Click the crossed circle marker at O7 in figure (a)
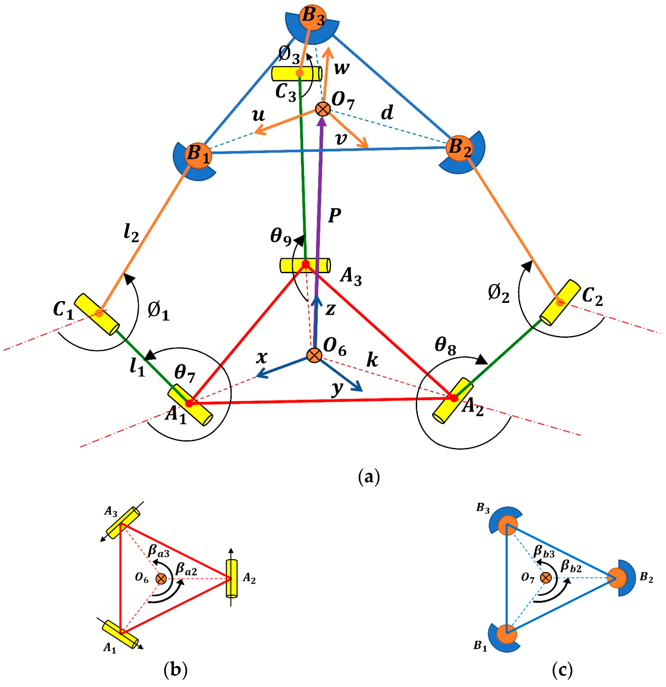tap(322, 109)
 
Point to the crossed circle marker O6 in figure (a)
tap(314, 355)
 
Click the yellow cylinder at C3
tap(297, 74)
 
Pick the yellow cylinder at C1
tap(97, 314)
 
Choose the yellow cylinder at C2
tap(560, 303)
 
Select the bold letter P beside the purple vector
tap(335, 216)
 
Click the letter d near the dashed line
tap(387, 113)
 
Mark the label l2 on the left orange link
tap(131, 233)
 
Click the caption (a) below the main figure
tap(369, 477)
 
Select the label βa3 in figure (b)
tap(158, 551)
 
